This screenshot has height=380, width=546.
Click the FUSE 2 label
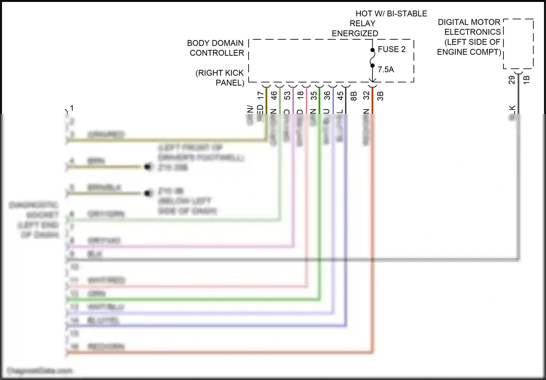(x=391, y=49)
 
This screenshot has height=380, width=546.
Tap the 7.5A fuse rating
(x=385, y=69)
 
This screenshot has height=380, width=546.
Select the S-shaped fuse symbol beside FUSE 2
(x=372, y=58)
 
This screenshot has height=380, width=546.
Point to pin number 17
(x=261, y=95)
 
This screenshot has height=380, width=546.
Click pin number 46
(x=274, y=95)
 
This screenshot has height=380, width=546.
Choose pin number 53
(x=288, y=95)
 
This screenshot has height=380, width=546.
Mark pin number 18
(x=301, y=95)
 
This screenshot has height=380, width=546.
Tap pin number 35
(x=314, y=95)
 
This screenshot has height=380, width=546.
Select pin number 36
(x=327, y=95)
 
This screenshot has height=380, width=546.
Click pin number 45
(x=340, y=95)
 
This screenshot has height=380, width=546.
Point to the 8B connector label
(x=353, y=96)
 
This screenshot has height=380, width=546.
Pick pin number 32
(x=367, y=95)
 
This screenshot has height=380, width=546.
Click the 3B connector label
(x=380, y=96)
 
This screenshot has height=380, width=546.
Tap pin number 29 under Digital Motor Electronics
(x=512, y=80)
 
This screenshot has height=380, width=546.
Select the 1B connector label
(x=526, y=80)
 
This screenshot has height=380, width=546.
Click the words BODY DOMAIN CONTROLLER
(x=215, y=48)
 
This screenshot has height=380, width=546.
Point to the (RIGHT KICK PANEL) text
(x=220, y=78)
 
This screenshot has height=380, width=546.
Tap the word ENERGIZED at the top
(x=355, y=33)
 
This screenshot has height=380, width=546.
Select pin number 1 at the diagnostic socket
(x=72, y=108)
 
